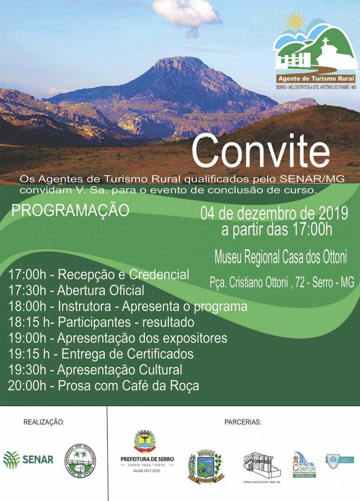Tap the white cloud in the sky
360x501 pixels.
(186, 15)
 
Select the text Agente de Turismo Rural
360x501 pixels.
(316, 78)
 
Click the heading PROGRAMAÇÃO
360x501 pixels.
(70, 210)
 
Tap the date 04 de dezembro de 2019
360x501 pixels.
(274, 213)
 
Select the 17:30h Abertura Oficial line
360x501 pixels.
(76, 290)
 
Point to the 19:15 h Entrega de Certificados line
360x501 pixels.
(101, 354)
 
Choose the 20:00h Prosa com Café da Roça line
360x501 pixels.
(103, 385)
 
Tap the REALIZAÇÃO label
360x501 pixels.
(44, 422)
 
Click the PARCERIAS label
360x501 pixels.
(243, 422)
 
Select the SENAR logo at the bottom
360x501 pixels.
(28, 459)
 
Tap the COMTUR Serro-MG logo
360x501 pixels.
(304, 464)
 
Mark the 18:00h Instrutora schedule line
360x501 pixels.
(128, 306)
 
